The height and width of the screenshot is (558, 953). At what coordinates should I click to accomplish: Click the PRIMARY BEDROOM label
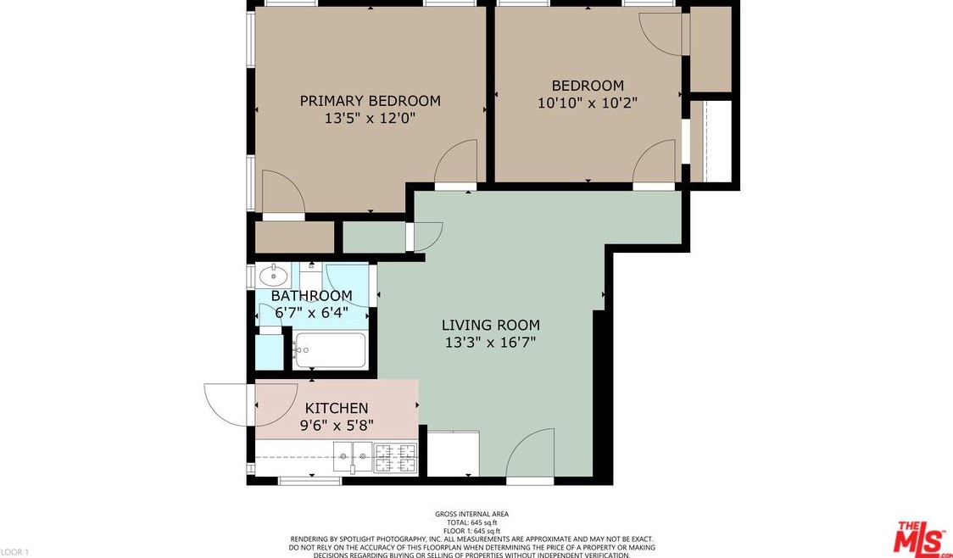pyautogui.click(x=371, y=100)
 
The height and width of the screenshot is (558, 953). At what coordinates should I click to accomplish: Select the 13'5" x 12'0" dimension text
pyautogui.click(x=370, y=118)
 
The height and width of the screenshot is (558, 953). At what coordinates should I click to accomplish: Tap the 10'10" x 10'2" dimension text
pyautogui.click(x=587, y=103)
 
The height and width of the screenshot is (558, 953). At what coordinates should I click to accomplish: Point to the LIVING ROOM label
pyautogui.click(x=490, y=325)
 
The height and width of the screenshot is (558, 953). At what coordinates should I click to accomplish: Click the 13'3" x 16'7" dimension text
pyautogui.click(x=490, y=343)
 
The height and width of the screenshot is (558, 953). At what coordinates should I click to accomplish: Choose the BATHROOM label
pyautogui.click(x=311, y=296)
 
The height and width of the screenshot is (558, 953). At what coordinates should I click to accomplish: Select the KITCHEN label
pyautogui.click(x=337, y=408)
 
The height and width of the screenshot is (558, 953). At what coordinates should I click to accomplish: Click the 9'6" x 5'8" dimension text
pyautogui.click(x=337, y=425)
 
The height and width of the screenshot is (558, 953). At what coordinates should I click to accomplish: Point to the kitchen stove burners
pyautogui.click(x=395, y=458)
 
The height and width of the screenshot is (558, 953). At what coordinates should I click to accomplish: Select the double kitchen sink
pyautogui.click(x=354, y=457)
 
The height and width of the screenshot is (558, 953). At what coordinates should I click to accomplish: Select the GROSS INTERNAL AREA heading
pyautogui.click(x=471, y=514)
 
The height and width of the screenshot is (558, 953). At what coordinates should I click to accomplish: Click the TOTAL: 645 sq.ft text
pyautogui.click(x=471, y=522)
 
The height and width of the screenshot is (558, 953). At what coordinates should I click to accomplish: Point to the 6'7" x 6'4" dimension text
pyautogui.click(x=312, y=313)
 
